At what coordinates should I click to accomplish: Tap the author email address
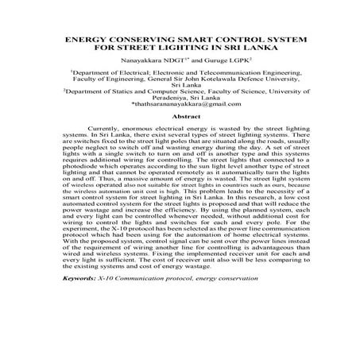pos(179,106)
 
